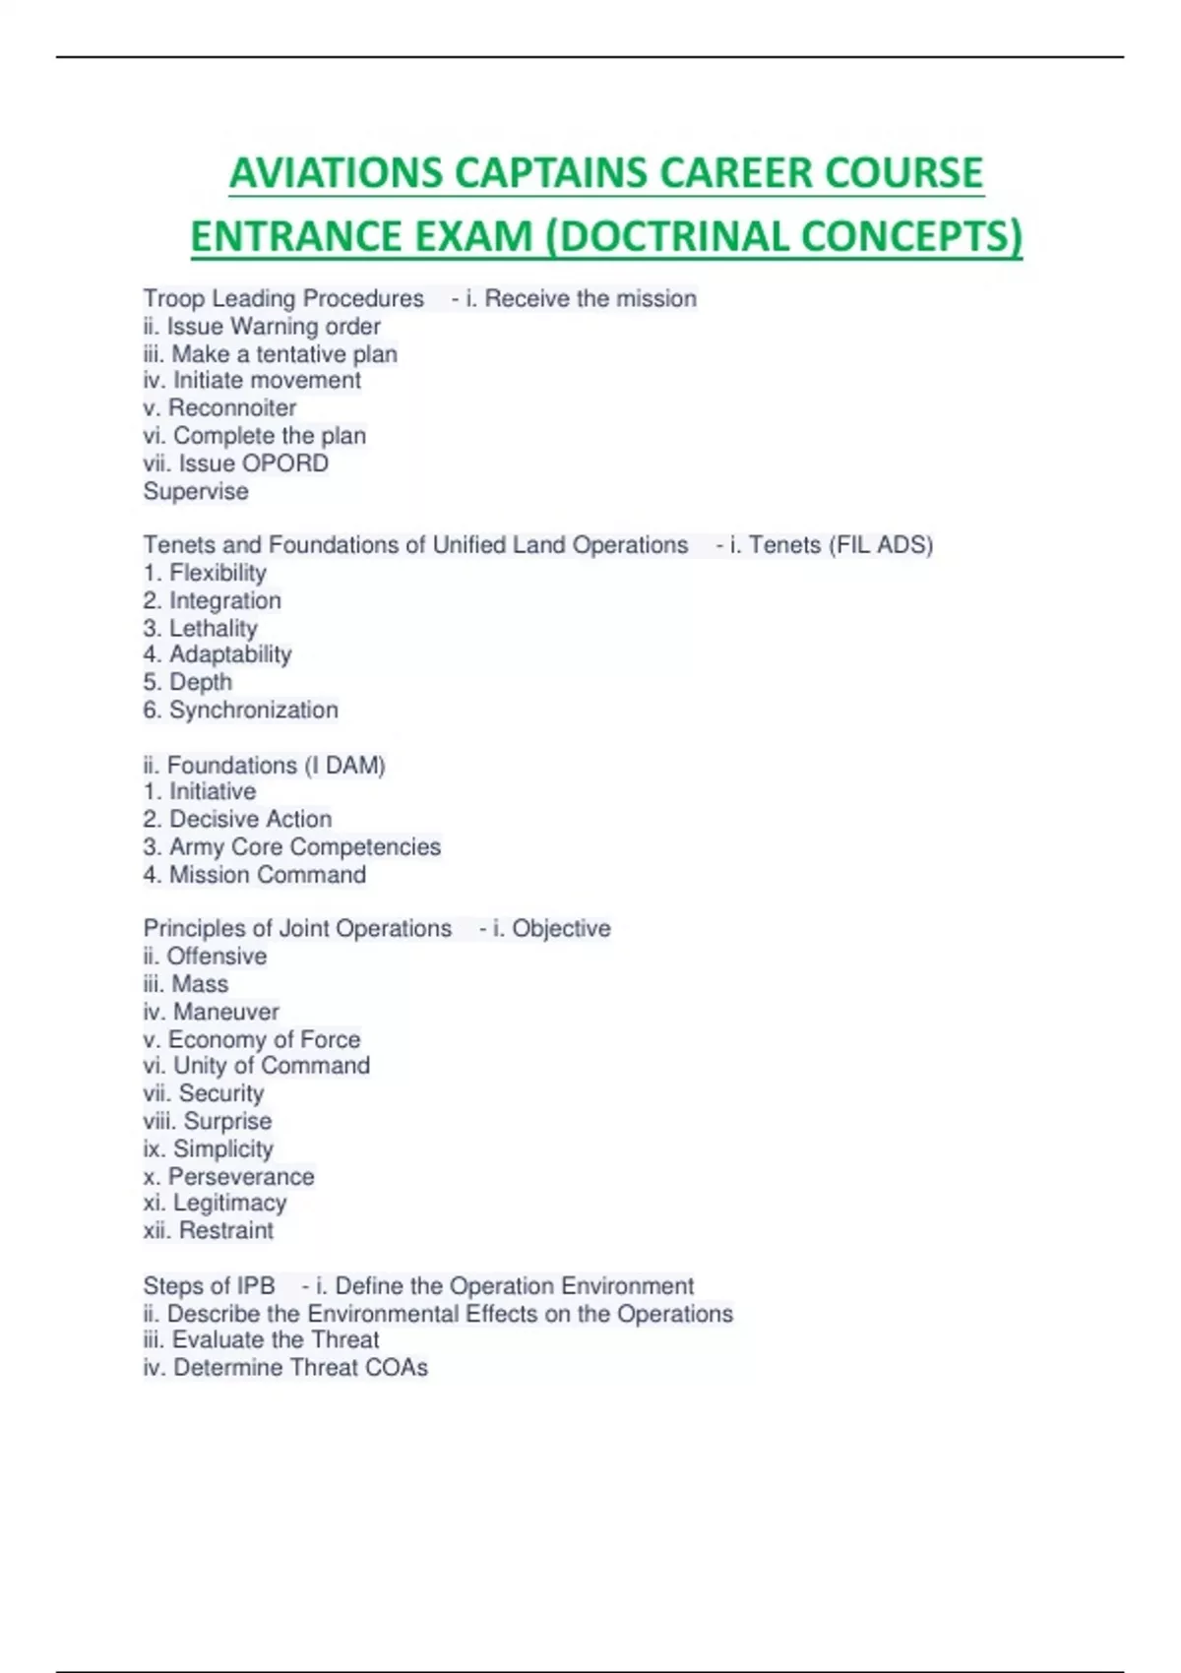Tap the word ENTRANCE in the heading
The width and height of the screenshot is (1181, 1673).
click(x=296, y=237)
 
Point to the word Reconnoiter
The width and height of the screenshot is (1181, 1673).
click(x=232, y=408)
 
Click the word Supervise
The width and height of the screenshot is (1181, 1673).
click(x=196, y=491)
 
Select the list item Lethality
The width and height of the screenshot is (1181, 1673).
click(x=213, y=628)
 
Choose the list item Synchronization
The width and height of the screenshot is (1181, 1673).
click(x=253, y=710)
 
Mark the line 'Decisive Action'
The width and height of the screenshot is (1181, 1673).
click(x=250, y=819)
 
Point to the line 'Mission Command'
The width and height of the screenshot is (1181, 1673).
click(x=267, y=874)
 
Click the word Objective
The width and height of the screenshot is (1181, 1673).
click(x=561, y=928)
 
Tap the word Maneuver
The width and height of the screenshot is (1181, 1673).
click(x=226, y=1012)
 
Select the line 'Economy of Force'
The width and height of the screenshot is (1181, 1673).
click(x=264, y=1039)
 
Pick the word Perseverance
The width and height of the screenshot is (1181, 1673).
click(x=241, y=1176)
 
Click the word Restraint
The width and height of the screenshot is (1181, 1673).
click(x=226, y=1230)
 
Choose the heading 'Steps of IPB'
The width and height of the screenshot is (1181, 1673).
click(x=209, y=1286)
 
